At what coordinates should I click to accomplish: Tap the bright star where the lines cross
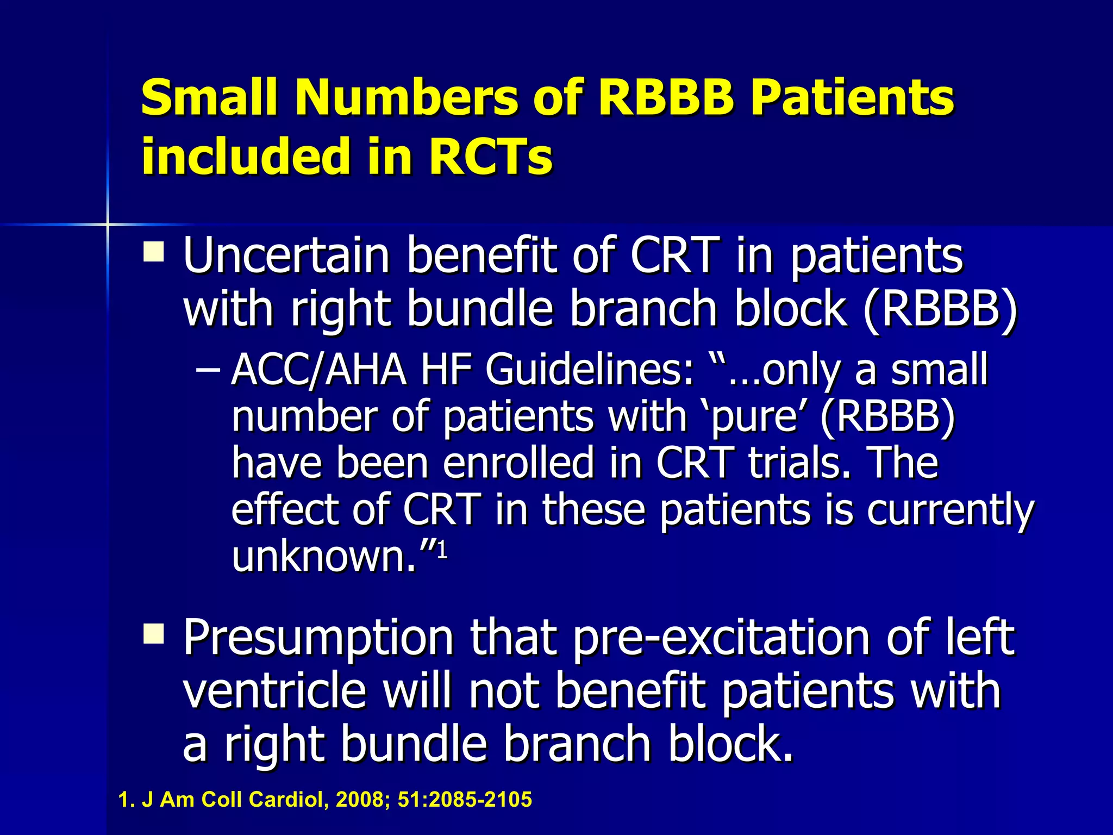(x=108, y=224)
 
